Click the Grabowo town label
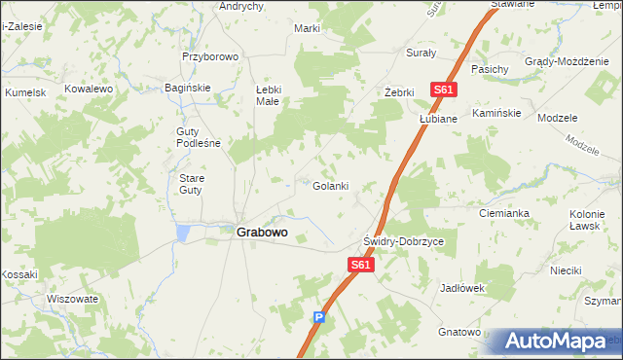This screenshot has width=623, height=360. click(x=262, y=234)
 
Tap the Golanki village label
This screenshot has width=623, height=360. click(x=330, y=186)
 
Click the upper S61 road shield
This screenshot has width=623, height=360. click(x=444, y=90)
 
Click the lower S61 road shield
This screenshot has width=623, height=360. click(x=360, y=265)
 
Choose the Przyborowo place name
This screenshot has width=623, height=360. click(x=210, y=56)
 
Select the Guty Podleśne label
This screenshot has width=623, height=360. click(x=198, y=137)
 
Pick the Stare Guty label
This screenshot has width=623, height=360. click(x=191, y=184)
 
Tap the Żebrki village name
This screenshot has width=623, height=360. click(x=399, y=92)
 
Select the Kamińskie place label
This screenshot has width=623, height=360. click(x=496, y=113)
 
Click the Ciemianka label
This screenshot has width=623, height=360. click(x=503, y=212)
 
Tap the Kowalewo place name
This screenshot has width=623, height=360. click(x=90, y=89)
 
